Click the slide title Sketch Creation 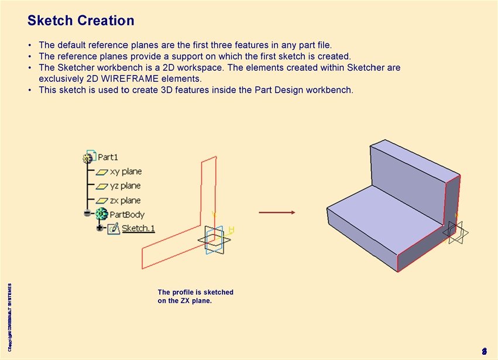[x=81, y=21]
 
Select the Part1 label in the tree [x=108, y=157]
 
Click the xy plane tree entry [x=125, y=172]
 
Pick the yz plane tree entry [x=125, y=186]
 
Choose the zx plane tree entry [x=125, y=200]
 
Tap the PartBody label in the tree [x=127, y=215]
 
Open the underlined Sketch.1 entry [x=138, y=228]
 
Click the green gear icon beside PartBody [x=102, y=214]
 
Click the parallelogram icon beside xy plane [x=102, y=172]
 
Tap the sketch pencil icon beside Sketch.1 [x=114, y=228]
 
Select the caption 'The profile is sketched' [x=195, y=292]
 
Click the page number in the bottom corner [x=484, y=351]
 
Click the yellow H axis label [x=231, y=229]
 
